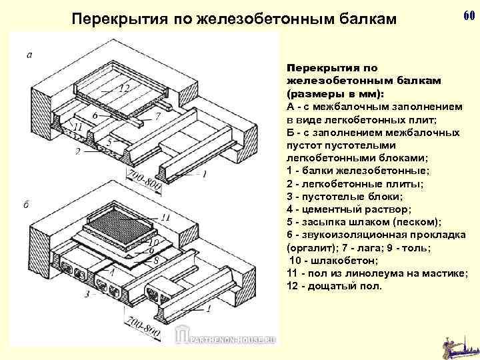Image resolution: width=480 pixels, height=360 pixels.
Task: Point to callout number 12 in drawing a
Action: tap(124, 88)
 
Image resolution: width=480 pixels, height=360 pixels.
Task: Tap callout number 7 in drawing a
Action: tap(158, 116)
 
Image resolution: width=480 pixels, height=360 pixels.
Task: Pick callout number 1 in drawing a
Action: tap(204, 175)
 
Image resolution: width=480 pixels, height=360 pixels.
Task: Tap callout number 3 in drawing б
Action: tap(87, 293)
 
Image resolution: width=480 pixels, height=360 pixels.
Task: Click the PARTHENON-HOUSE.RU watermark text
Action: tap(229, 338)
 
